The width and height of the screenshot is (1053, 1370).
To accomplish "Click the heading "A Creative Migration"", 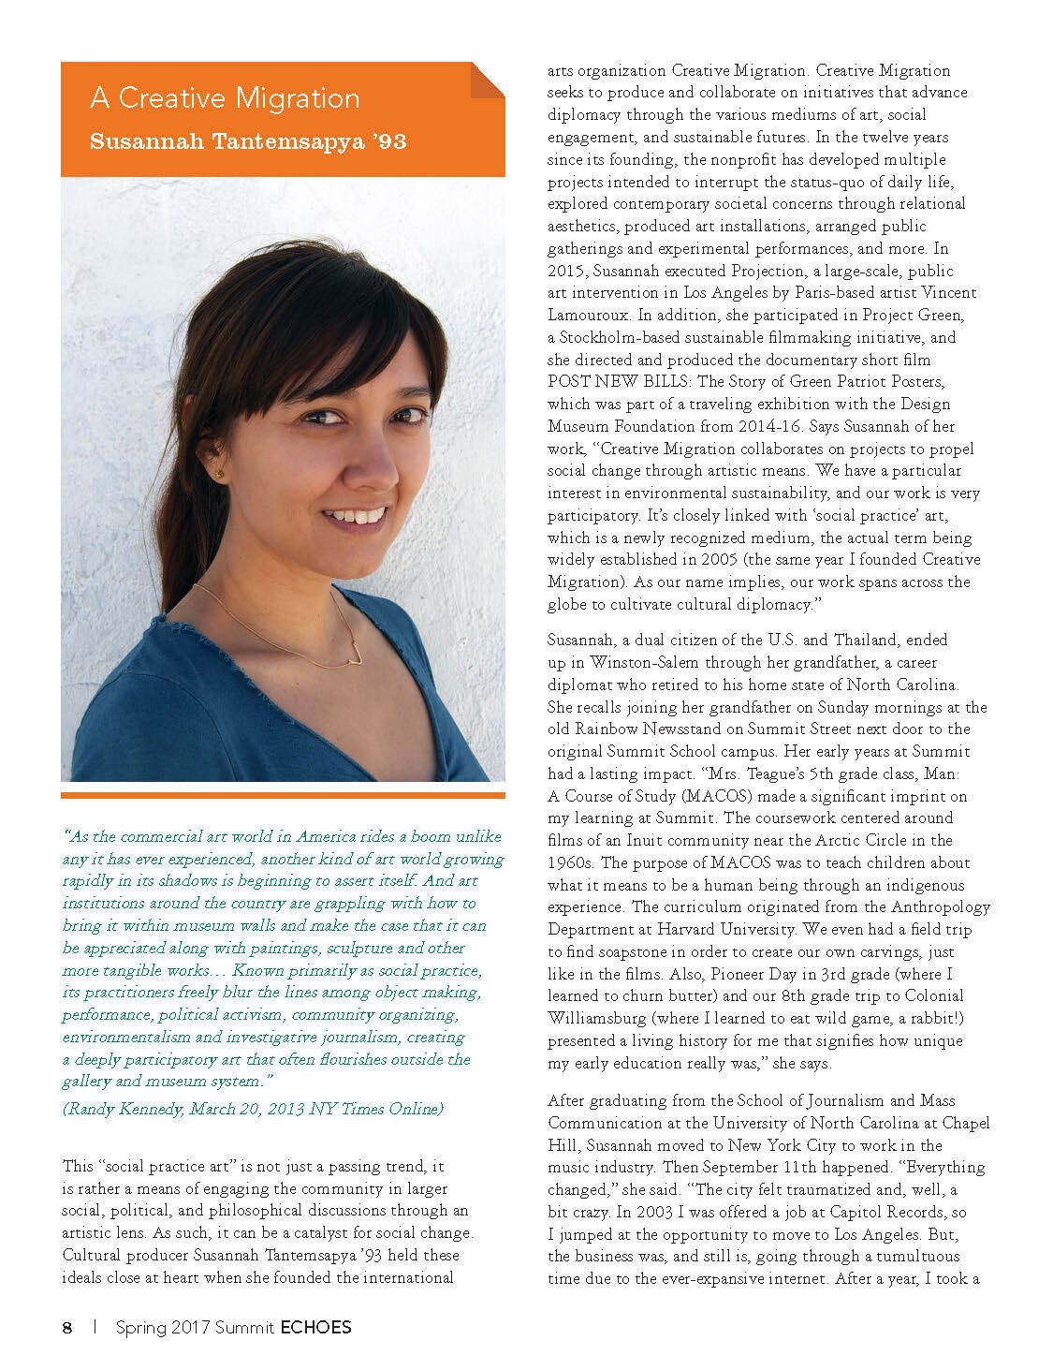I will tap(225, 98).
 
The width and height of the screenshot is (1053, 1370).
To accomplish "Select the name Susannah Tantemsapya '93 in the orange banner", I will tap(248, 141).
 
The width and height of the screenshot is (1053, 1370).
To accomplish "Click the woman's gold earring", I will tap(220, 474).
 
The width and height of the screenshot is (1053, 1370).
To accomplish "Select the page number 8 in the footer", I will tap(67, 1327).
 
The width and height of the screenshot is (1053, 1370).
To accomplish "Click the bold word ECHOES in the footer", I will tap(315, 1327).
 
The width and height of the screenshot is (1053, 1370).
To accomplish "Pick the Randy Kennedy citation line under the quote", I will tap(253, 1109).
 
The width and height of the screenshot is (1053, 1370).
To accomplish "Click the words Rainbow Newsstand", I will tap(656, 729).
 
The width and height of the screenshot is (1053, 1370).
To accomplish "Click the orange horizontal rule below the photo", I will tap(283, 796).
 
